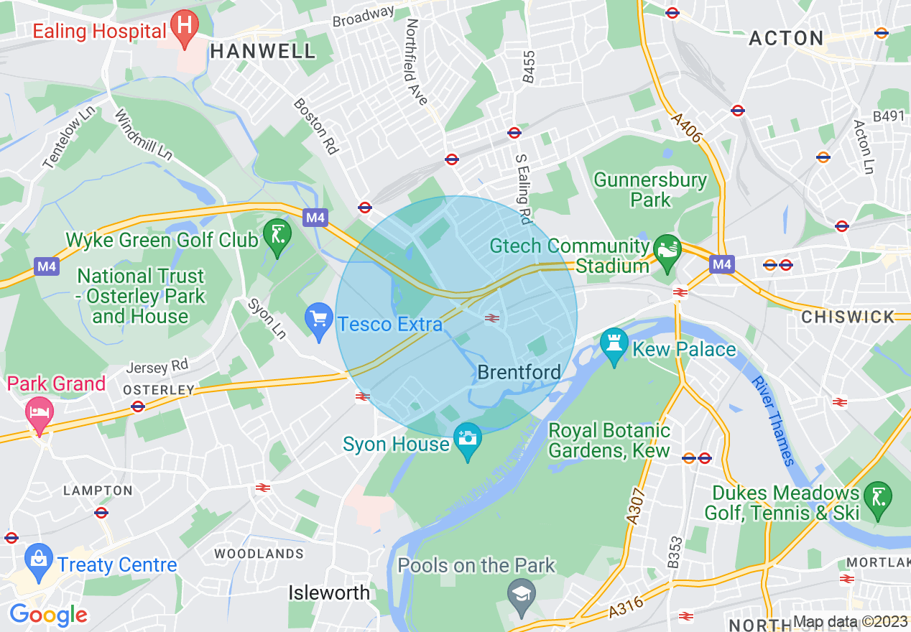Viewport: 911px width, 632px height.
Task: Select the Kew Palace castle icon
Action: [x=614, y=344]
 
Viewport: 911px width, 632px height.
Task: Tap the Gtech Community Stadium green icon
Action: [x=667, y=250]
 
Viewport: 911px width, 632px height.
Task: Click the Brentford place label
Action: [x=519, y=372]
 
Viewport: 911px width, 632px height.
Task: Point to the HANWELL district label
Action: [x=263, y=51]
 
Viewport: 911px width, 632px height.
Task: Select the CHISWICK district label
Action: [x=848, y=317]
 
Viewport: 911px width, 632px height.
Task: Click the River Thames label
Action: [x=774, y=421]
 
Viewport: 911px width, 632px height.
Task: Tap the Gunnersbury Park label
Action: [x=649, y=190]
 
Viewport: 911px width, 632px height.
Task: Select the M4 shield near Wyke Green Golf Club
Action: [x=315, y=218]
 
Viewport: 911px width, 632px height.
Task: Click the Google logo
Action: [x=48, y=615]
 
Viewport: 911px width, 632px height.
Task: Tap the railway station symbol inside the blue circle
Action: [x=492, y=317]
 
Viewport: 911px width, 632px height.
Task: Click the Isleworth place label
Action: [x=329, y=592]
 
